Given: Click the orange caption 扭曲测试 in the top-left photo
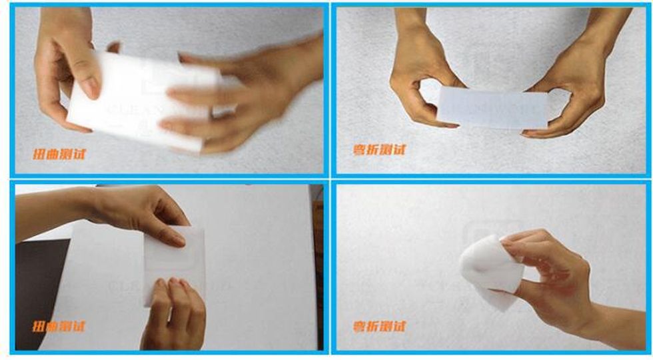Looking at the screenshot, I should [x=60, y=155].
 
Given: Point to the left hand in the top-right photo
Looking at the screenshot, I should [x=420, y=80].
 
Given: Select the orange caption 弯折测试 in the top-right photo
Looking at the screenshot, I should [x=379, y=149].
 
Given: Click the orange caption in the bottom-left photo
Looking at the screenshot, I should [x=60, y=327].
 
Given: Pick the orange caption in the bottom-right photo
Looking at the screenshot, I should [x=379, y=327].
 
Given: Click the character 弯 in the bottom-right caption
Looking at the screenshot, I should [x=360, y=327].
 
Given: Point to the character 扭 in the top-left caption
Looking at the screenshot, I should [x=40, y=155].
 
